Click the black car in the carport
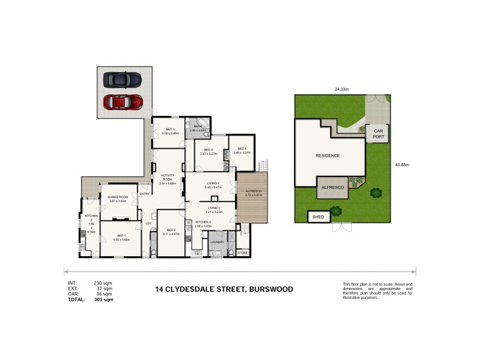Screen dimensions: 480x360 [x=122, y=80]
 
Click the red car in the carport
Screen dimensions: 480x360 [x=122, y=102]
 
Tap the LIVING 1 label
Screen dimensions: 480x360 [x=213, y=185]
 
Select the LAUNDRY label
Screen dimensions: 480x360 [x=217, y=242]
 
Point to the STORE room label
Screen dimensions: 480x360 [x=242, y=253]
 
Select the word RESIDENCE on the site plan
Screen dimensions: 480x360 [x=328, y=155]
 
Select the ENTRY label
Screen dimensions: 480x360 [x=145, y=194]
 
